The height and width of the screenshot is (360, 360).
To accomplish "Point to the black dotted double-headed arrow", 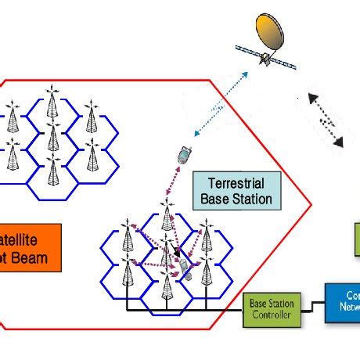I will tap(326, 120).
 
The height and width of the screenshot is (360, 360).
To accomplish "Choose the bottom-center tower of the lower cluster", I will tap(166, 286).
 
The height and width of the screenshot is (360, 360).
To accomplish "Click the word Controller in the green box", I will tap(271, 315).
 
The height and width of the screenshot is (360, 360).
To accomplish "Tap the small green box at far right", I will tap(356, 239).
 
